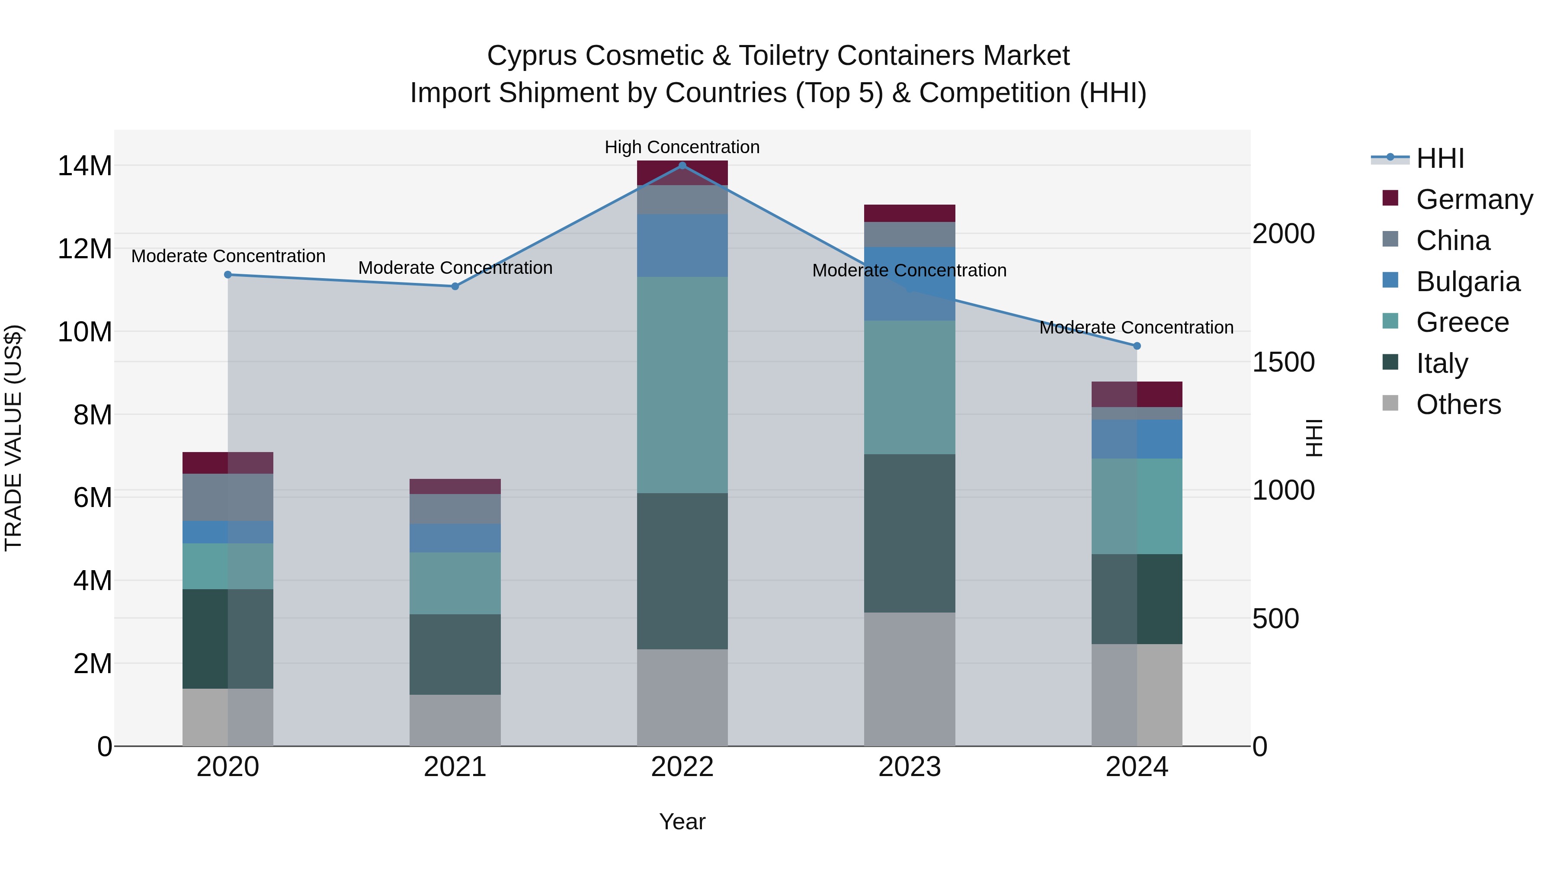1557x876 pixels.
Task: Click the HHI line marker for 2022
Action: tap(682, 165)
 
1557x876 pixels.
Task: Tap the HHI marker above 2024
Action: tap(1137, 346)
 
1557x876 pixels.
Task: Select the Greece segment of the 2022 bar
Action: tap(682, 385)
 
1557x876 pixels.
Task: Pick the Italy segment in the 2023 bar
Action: tap(910, 533)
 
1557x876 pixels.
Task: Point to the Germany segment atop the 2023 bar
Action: tap(910, 213)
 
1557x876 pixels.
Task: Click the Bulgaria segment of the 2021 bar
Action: tap(455, 538)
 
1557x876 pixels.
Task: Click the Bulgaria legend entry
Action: tap(1467, 282)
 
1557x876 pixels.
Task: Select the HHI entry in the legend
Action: tap(1440, 158)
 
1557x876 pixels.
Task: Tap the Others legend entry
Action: tap(1458, 404)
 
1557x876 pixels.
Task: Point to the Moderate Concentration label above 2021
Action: tap(455, 268)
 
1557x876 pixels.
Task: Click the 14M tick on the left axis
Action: tap(85, 166)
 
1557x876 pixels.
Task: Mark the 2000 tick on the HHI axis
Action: tap(1283, 234)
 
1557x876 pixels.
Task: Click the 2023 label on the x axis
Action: tap(910, 767)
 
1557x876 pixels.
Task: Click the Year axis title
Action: tap(682, 821)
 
